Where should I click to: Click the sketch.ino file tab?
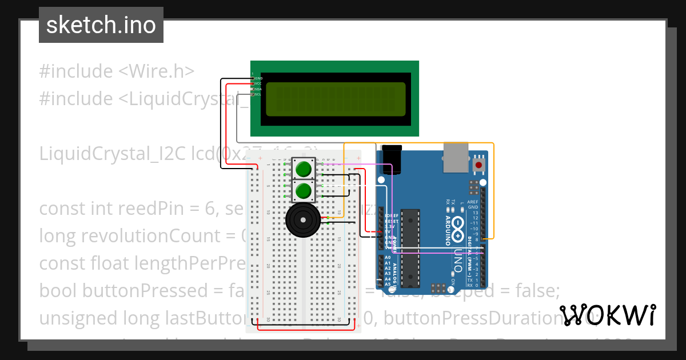point(101,25)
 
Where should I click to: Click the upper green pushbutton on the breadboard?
point(303,169)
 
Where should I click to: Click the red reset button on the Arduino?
point(478,165)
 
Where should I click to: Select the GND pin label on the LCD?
point(258,78)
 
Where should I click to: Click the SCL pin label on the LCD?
point(258,94)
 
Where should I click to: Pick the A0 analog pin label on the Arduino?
point(388,258)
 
